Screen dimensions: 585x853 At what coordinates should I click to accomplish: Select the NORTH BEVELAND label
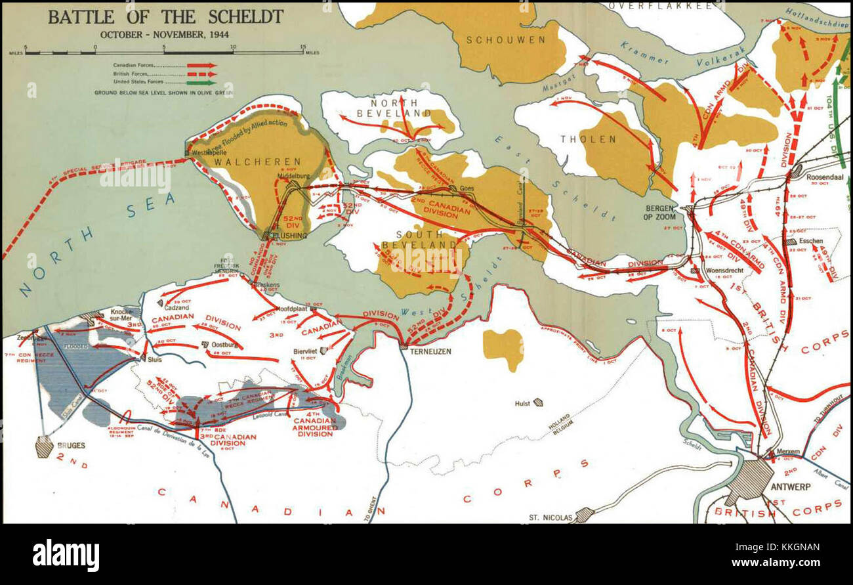(x=386, y=108)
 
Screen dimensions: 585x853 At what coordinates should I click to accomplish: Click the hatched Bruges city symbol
(x=44, y=446)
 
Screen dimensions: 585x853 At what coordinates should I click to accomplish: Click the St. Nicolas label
(x=551, y=517)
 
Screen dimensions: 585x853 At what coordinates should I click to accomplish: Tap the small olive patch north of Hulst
(x=503, y=345)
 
